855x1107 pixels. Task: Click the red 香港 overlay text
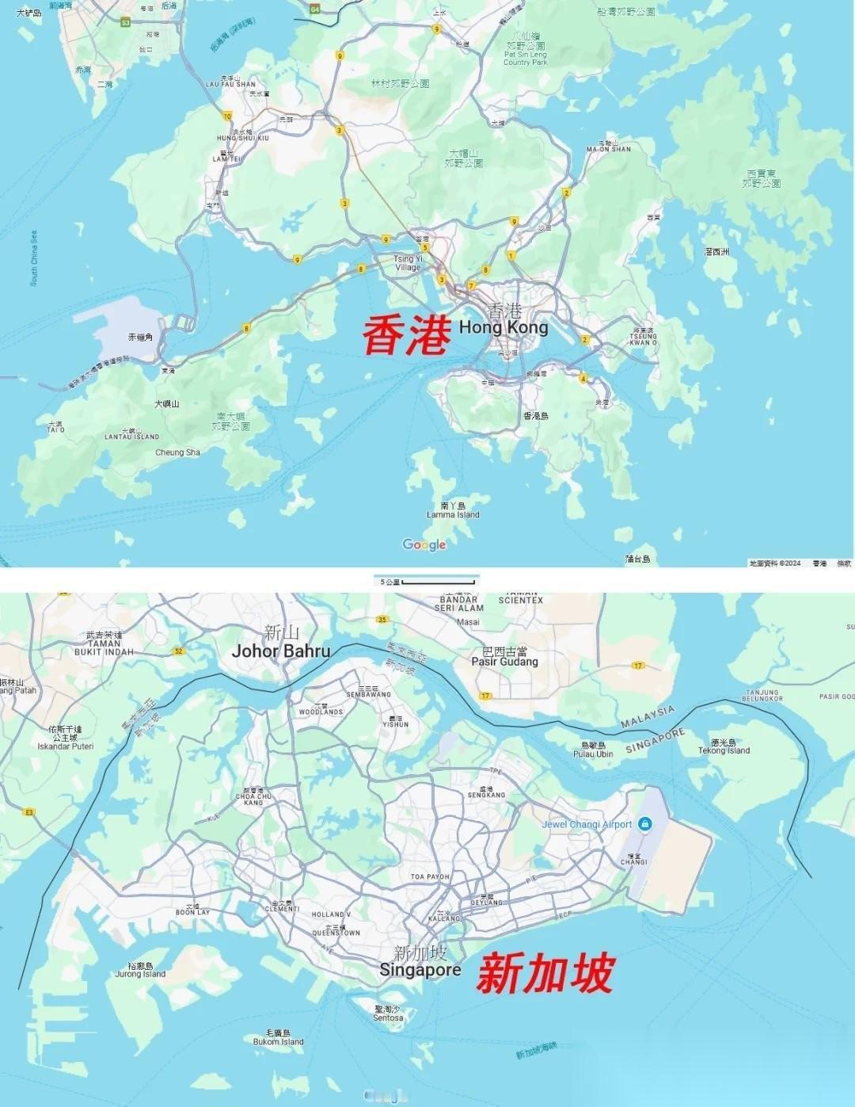(x=407, y=335)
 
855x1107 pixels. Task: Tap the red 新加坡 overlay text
(x=545, y=974)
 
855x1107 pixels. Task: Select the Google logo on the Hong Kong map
(x=424, y=544)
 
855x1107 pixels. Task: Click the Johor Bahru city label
(x=280, y=651)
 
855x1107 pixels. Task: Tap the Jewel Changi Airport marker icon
(x=645, y=824)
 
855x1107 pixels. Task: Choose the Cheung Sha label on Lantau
(x=177, y=452)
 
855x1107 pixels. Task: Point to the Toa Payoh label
(x=430, y=876)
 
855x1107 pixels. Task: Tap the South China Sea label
(x=34, y=258)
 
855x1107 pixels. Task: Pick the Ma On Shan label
(x=609, y=148)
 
